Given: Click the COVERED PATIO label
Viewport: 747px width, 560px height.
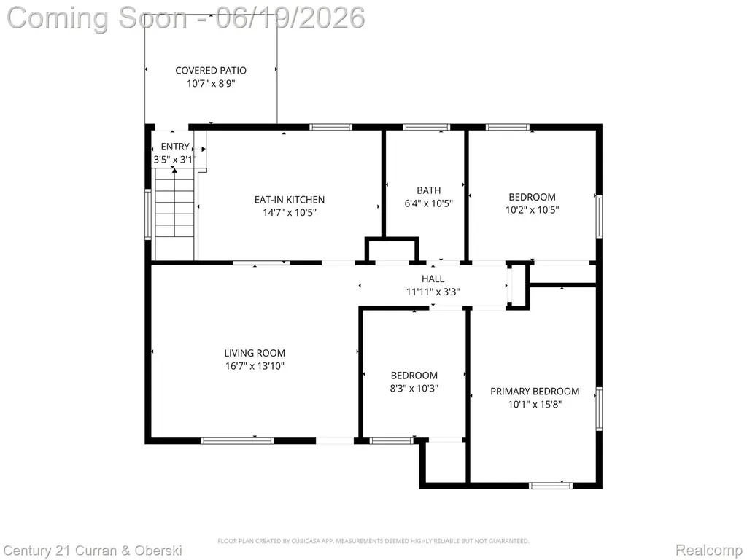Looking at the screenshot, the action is point(211,71).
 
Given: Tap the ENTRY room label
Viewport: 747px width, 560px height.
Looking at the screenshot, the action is point(175,147).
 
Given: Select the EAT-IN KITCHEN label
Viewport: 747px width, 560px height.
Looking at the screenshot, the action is point(289,200).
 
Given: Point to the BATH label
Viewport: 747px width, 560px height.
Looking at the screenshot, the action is point(428,190).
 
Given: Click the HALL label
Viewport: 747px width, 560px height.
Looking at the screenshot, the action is point(433,279).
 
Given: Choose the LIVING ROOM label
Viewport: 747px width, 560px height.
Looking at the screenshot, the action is point(255,353).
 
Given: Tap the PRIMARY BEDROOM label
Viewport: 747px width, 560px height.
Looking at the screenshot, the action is point(535,392).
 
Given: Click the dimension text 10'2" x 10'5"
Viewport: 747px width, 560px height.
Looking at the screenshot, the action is point(532,209).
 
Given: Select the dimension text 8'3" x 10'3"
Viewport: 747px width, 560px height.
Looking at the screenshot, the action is point(414,388).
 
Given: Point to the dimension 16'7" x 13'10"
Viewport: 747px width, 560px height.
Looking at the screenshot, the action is point(255,366).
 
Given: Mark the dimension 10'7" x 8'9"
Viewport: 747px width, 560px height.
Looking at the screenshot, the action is point(211,84).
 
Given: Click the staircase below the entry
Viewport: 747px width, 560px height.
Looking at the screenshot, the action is point(175,215).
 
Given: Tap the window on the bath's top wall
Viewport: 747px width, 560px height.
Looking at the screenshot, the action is point(426,127).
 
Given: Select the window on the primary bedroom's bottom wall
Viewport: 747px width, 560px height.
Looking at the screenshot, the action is point(551,485).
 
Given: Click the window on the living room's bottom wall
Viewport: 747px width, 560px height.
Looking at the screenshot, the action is point(237,441).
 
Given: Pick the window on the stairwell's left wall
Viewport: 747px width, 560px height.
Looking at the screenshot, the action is point(148,214).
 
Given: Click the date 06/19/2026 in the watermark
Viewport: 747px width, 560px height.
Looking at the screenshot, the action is point(290,17).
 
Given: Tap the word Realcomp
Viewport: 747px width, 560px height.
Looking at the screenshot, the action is point(709,550).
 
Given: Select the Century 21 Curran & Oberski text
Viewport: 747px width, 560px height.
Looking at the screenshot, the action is point(93,551).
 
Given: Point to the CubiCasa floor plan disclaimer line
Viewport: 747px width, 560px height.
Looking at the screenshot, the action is point(373,541).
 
